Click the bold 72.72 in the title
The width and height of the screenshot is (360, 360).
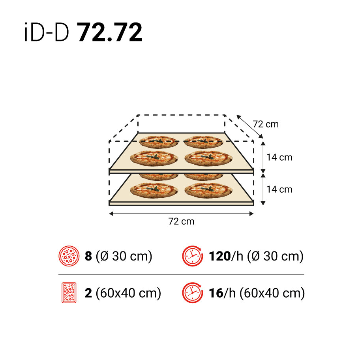(x=109, y=33)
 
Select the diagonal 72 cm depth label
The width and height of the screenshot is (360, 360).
(x=266, y=124)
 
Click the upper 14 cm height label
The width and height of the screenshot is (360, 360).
(x=279, y=157)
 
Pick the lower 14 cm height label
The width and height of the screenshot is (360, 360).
(x=279, y=189)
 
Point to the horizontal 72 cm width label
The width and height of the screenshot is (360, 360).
(x=181, y=221)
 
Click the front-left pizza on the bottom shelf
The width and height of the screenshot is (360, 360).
(x=154, y=190)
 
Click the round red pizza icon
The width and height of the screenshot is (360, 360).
(x=69, y=256)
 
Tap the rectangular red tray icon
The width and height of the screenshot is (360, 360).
(x=69, y=293)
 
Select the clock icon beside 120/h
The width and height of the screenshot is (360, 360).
(x=192, y=256)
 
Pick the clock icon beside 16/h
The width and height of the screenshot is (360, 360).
(x=192, y=293)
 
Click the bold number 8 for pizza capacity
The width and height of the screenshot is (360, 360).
(x=88, y=257)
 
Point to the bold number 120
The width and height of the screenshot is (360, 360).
(x=219, y=257)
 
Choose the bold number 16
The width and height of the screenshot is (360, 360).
(x=216, y=293)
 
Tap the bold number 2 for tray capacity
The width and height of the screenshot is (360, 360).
(x=88, y=293)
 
